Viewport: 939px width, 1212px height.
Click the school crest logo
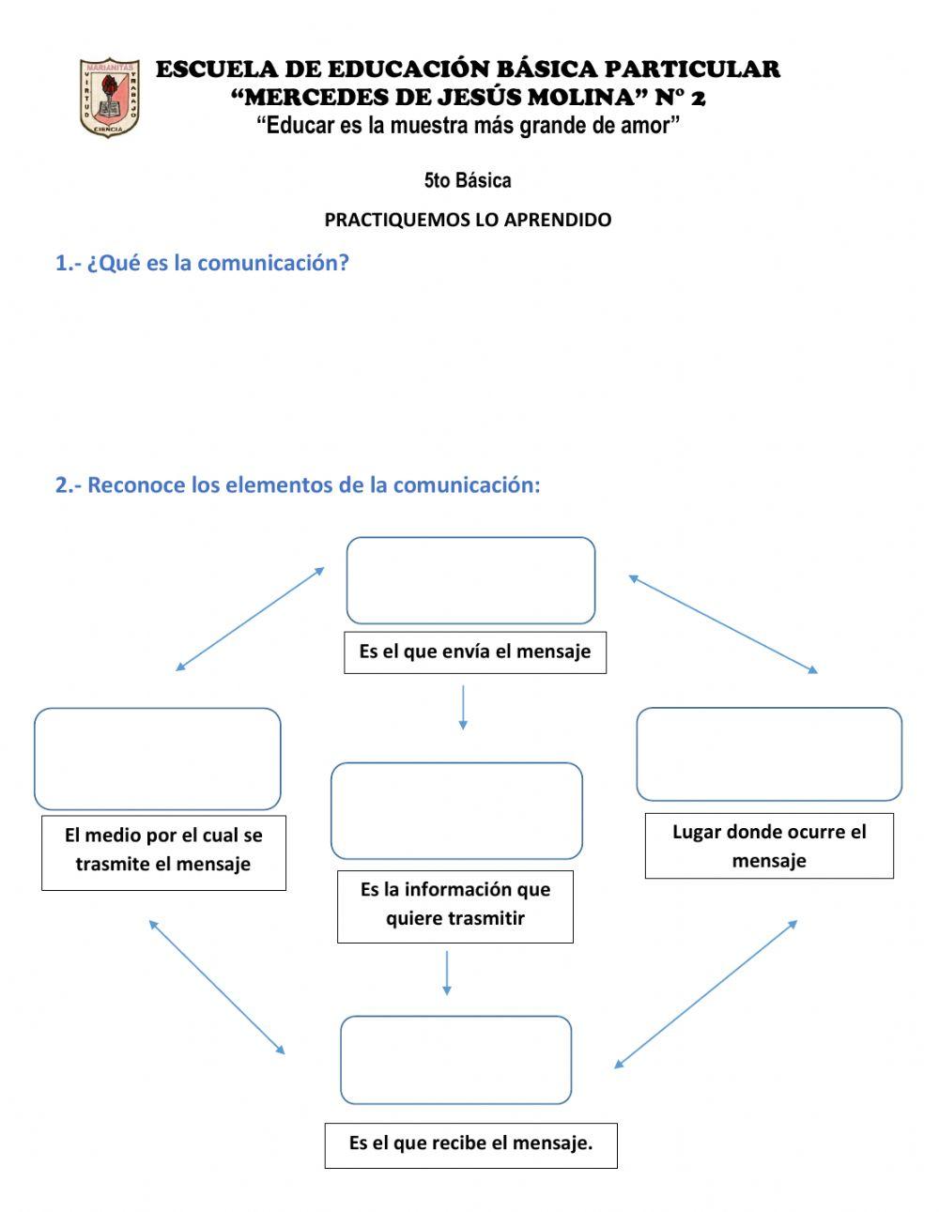(x=110, y=98)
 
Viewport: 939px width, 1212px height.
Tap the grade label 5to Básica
(x=468, y=180)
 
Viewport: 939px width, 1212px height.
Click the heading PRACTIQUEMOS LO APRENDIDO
(x=468, y=220)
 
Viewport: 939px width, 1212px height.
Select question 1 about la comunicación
(x=202, y=263)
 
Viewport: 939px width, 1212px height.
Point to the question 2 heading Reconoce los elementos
(x=298, y=485)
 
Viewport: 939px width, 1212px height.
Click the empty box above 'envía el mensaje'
(x=470, y=580)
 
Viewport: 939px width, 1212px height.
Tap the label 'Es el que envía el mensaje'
(x=474, y=652)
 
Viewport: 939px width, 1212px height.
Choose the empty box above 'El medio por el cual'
(x=158, y=759)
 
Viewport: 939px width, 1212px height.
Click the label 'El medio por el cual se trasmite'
(x=163, y=851)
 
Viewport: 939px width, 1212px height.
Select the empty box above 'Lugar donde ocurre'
(x=769, y=754)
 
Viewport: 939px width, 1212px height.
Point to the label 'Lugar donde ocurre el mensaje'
(x=769, y=846)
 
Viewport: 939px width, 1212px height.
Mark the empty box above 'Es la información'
(x=456, y=811)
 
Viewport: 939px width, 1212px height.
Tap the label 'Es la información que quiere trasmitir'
(x=455, y=905)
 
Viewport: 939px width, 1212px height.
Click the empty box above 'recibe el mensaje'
(x=455, y=1060)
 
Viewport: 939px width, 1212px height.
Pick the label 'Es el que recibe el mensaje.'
(x=470, y=1144)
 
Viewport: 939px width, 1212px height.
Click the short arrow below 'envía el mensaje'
(x=463, y=708)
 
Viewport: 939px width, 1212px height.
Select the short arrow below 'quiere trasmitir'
(x=447, y=973)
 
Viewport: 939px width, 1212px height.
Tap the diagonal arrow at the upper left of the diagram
(x=250, y=619)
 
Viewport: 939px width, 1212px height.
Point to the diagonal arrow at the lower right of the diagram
(x=706, y=994)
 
